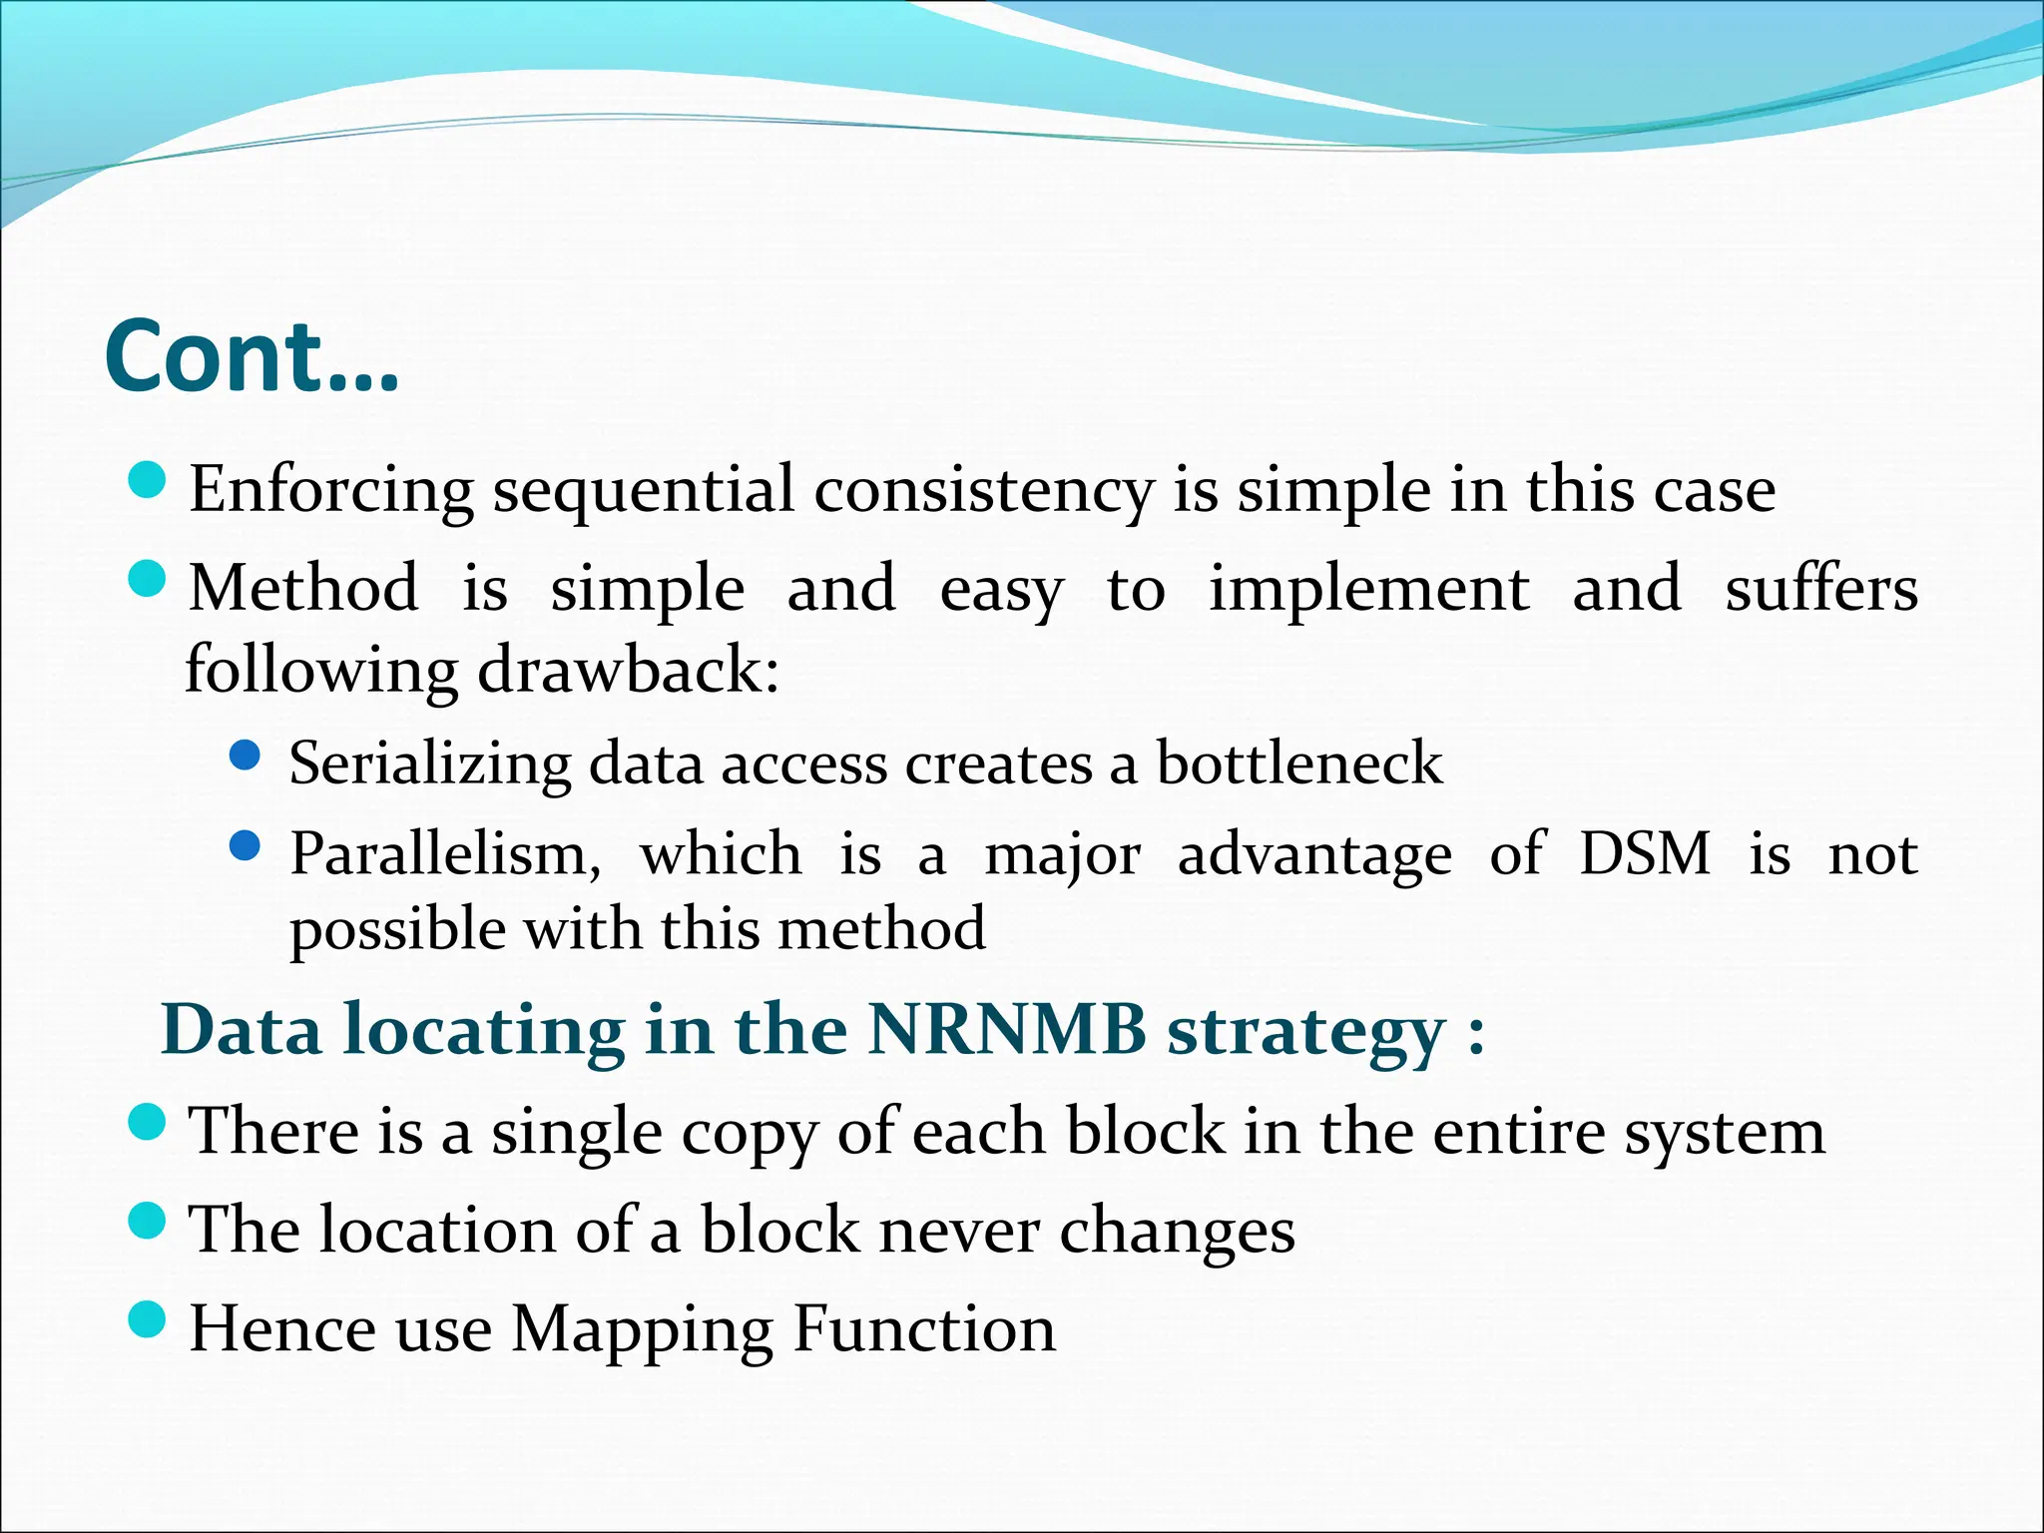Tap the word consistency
[983, 491]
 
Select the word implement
[1368, 589]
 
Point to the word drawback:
[628, 670]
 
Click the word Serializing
[429, 764]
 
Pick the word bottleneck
[1298, 764]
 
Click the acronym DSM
[1645, 854]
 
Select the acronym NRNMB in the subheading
[1007, 1029]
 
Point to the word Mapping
[642, 1331]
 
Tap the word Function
[924, 1329]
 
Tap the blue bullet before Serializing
[245, 756]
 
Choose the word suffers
[1820, 589]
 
